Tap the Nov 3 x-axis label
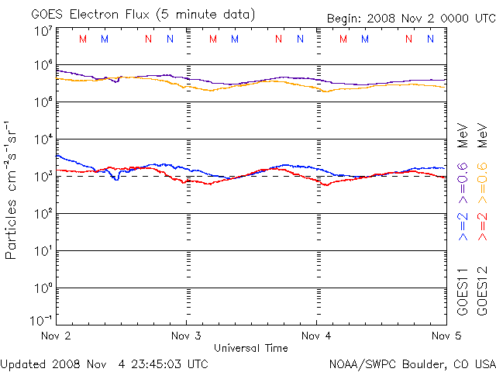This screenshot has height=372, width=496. tap(186, 336)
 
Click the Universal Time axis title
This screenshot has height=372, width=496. tap(251, 348)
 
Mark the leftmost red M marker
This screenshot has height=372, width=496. tap(83, 39)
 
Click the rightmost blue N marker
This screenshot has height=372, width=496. tap(430, 39)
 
